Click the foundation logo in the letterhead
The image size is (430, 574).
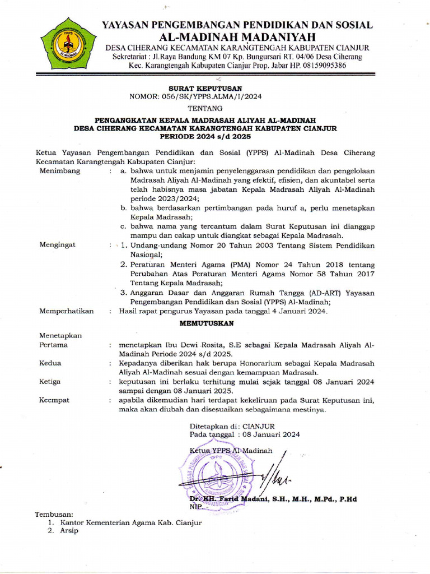68,44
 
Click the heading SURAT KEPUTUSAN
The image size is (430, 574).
205,88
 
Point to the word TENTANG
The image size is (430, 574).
205,108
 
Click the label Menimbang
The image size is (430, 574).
60,171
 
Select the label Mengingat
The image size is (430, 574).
58,245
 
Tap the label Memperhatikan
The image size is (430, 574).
67,311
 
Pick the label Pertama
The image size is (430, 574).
54,345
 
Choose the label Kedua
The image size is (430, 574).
50,363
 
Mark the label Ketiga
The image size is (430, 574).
50,382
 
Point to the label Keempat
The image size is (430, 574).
54,400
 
